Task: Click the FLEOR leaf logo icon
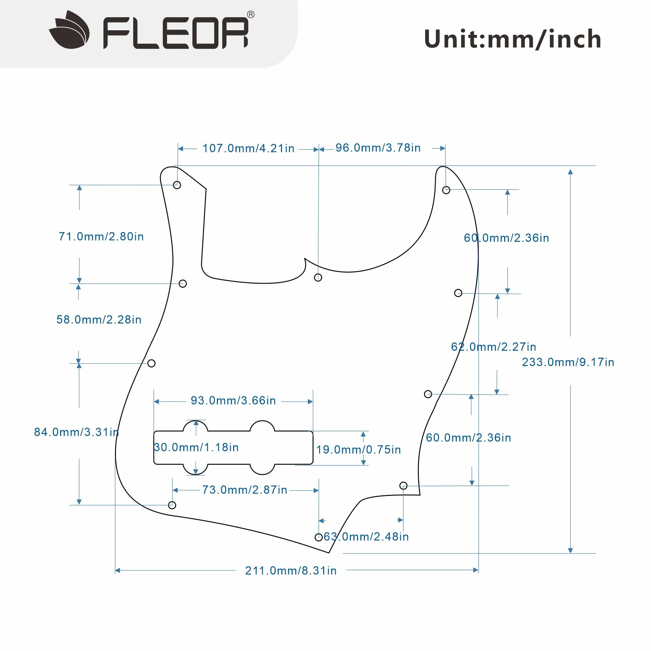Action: click(x=69, y=30)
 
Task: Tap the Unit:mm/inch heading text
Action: click(x=512, y=39)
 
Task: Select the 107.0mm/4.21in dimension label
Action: click(x=248, y=148)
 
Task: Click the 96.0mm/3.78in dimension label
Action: click(x=378, y=147)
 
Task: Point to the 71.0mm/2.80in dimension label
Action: click(x=101, y=236)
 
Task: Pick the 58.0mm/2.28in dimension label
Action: click(x=99, y=320)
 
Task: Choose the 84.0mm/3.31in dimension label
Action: click(x=76, y=432)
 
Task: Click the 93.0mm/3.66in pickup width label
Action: click(x=233, y=400)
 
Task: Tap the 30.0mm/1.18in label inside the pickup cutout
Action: click(x=196, y=447)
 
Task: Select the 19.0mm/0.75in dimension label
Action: click(x=358, y=449)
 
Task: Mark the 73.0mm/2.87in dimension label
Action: click(x=245, y=490)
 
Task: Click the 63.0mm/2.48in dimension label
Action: click(x=366, y=536)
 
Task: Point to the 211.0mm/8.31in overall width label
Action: click(x=291, y=571)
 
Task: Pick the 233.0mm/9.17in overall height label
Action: click(x=568, y=362)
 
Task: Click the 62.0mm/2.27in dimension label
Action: click(x=494, y=346)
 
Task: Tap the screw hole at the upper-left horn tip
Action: click(x=177, y=185)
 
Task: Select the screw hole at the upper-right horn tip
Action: click(x=446, y=190)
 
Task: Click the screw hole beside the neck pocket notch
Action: click(x=318, y=277)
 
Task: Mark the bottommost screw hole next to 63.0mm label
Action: click(x=319, y=537)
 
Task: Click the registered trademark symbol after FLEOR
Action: click(x=251, y=15)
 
